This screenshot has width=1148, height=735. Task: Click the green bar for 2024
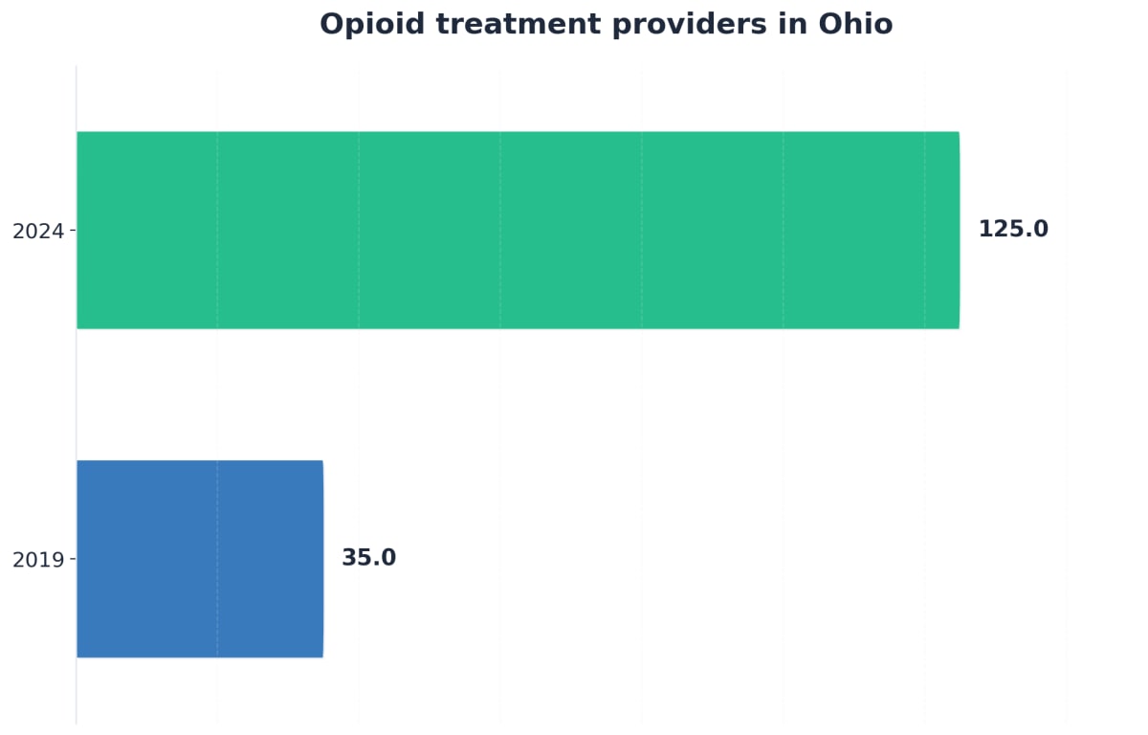click(518, 230)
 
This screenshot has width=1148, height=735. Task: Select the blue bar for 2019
click(200, 559)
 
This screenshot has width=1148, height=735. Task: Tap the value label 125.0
click(1013, 230)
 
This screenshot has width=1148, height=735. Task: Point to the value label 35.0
click(368, 558)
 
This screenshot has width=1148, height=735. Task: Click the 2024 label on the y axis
click(37, 231)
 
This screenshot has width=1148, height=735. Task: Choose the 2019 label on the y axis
click(37, 560)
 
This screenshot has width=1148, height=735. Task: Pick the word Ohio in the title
click(855, 25)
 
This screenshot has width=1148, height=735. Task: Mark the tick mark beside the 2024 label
click(73, 231)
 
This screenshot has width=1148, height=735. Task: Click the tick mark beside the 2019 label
click(73, 559)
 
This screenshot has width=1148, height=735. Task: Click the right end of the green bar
click(958, 230)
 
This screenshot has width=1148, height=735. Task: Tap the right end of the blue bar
click(322, 559)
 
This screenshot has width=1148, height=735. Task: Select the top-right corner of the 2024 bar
click(959, 133)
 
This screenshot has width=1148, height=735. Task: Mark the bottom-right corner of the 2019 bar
click(322, 657)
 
